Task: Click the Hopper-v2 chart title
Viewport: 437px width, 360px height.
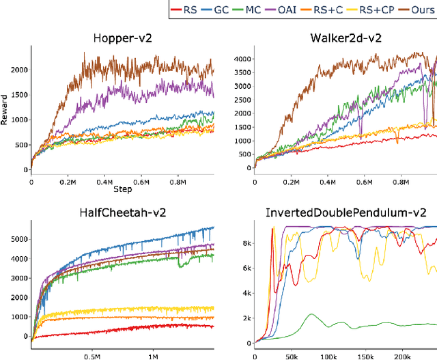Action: click(122, 38)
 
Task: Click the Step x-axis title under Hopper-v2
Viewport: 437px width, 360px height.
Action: click(122, 189)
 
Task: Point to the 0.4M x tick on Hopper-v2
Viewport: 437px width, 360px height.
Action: click(105, 182)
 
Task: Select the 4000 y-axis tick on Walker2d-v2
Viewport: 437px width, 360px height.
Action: click(242, 58)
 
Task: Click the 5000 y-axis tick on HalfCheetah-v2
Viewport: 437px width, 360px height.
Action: click(18, 238)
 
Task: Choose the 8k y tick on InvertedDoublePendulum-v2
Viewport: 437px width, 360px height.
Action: click(246, 243)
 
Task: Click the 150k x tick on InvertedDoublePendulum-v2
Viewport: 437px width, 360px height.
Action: click(365, 357)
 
